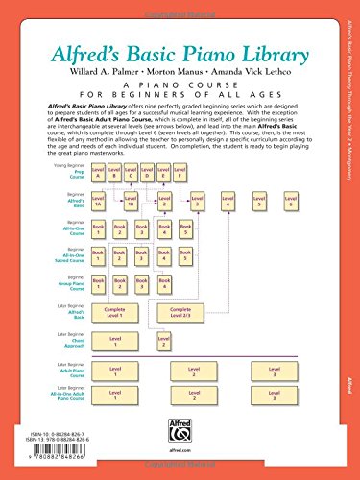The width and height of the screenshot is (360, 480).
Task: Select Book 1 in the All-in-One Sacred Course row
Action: [x=98, y=231]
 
